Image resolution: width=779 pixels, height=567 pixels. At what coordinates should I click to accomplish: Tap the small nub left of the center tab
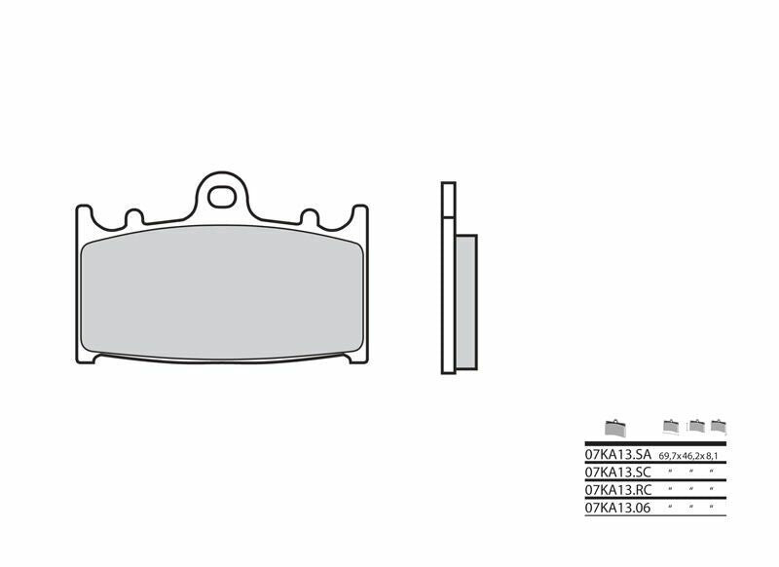click(133, 215)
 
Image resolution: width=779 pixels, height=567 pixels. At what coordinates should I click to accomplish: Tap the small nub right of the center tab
click(310, 216)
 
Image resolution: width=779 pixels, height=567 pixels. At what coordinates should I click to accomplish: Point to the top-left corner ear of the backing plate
click(84, 211)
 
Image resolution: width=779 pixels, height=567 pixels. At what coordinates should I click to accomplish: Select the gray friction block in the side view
click(466, 302)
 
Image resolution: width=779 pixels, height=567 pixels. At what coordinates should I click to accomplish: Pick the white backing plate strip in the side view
click(447, 278)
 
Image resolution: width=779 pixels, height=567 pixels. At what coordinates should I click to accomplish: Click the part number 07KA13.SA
click(617, 455)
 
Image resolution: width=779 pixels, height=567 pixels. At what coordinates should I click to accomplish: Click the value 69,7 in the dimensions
click(669, 456)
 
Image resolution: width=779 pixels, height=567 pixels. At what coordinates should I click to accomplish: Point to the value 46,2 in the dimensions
click(691, 456)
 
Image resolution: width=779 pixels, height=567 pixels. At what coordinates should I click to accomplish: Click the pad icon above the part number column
click(615, 427)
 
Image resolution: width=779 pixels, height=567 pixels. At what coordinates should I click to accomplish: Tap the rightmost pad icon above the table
click(719, 425)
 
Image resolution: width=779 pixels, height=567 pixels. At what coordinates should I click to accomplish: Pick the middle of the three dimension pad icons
click(695, 425)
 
